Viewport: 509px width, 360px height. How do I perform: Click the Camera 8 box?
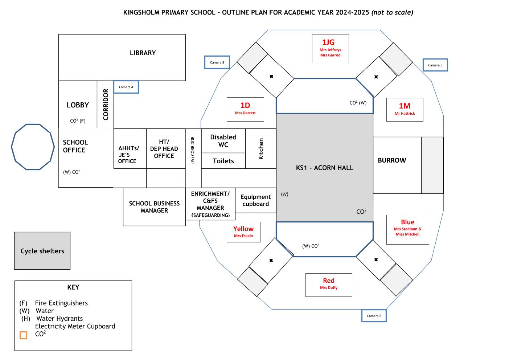click(217, 62)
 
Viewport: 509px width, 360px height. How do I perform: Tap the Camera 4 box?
click(126, 87)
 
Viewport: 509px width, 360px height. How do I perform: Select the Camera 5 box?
click(435, 65)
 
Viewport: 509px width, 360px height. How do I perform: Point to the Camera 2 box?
click(374, 316)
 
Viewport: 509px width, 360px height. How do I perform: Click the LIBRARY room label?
click(143, 53)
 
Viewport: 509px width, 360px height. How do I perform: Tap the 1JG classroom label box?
click(331, 49)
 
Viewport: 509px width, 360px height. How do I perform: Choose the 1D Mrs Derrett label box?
click(245, 109)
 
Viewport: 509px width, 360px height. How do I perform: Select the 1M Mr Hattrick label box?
click(405, 110)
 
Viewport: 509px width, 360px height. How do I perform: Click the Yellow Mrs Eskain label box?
click(243, 232)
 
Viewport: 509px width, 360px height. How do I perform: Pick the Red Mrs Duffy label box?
click(329, 285)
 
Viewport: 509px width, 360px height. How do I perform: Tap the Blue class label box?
click(408, 230)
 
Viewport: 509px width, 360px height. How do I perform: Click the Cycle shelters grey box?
click(42, 251)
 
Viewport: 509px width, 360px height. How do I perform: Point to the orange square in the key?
click(24, 335)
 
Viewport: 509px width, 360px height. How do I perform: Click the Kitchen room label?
click(261, 149)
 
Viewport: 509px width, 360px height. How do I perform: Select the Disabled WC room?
click(223, 141)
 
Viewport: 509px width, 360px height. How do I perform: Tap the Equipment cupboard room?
click(256, 200)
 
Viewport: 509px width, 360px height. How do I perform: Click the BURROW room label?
click(392, 160)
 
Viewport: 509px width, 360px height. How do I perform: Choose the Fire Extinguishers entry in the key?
click(54, 303)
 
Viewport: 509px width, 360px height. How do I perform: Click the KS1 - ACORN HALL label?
click(324, 168)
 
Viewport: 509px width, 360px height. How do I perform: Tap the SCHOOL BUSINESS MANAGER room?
click(154, 207)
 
